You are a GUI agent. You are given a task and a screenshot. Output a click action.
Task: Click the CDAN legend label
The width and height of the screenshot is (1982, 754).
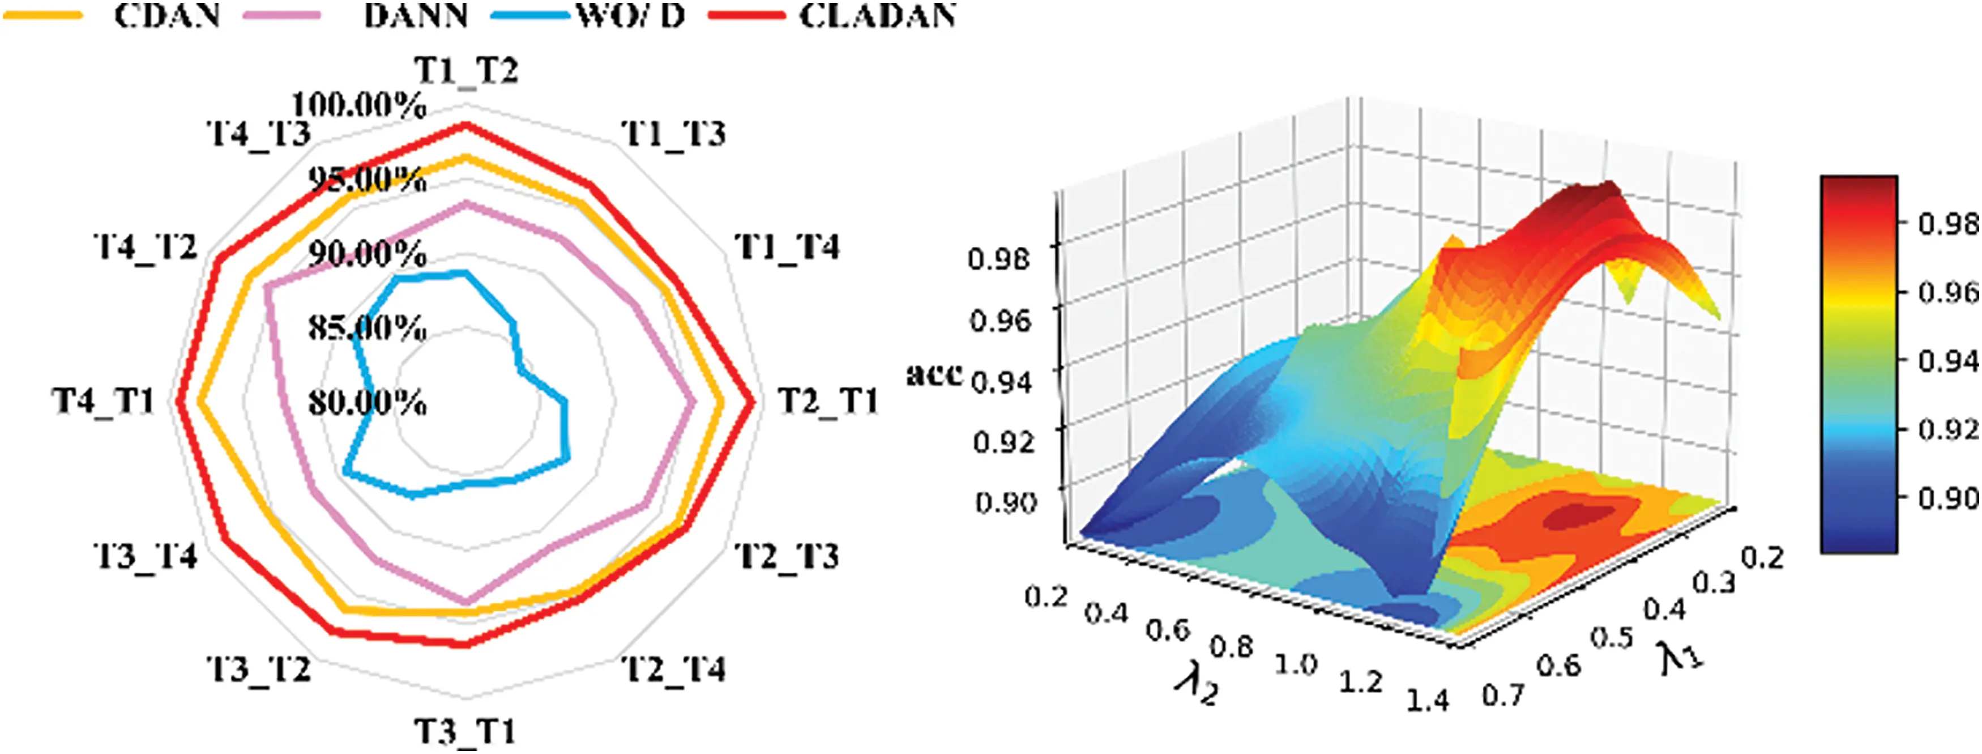click(x=167, y=15)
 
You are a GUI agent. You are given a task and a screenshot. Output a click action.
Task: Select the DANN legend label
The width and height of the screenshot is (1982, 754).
click(x=416, y=15)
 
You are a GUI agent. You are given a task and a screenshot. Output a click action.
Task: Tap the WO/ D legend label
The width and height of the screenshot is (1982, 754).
click(x=631, y=15)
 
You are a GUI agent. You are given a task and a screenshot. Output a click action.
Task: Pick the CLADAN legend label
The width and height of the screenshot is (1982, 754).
click(x=878, y=15)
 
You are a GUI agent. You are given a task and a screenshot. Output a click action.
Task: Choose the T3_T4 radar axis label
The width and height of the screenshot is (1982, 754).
click(x=146, y=556)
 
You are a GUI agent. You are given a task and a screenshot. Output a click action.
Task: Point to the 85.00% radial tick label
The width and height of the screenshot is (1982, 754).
click(x=368, y=329)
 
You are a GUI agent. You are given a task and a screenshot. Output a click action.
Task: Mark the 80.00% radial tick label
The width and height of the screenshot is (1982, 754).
click(x=368, y=402)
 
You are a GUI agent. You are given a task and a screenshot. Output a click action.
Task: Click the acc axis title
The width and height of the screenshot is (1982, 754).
click(x=935, y=374)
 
